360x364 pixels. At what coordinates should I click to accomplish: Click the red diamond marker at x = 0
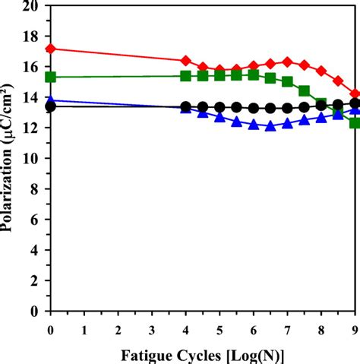(x=51, y=49)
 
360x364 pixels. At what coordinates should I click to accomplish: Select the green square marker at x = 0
(x=51, y=77)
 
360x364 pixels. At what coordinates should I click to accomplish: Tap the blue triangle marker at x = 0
(x=51, y=100)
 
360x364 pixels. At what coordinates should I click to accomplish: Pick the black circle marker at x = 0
(x=51, y=106)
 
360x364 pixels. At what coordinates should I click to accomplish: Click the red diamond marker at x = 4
(x=186, y=60)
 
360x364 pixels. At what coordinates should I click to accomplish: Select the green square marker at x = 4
(x=186, y=75)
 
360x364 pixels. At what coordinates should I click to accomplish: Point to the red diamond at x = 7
(x=287, y=62)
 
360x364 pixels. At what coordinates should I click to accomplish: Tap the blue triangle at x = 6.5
(x=270, y=126)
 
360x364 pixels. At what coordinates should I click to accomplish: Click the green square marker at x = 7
(x=287, y=81)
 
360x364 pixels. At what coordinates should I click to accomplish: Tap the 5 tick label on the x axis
(x=219, y=328)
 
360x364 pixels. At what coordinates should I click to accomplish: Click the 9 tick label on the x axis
(x=354, y=328)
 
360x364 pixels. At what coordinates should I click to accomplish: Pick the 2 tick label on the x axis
(x=118, y=328)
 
